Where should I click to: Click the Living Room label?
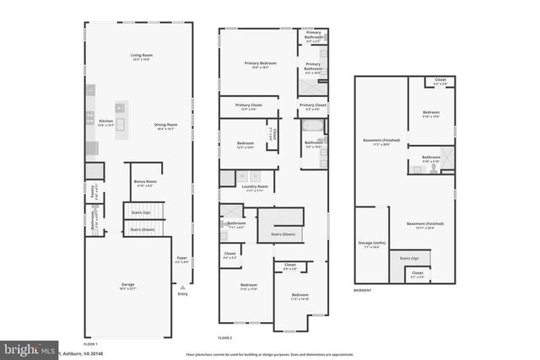point(139,56)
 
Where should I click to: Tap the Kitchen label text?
point(106,121)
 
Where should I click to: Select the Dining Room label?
point(165,126)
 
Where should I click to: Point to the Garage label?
point(128,285)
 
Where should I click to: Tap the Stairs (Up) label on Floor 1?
point(138,213)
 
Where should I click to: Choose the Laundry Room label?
point(255,187)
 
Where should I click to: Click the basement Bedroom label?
point(430,113)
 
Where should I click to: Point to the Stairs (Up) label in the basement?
point(409,258)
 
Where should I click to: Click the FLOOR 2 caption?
point(224,337)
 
